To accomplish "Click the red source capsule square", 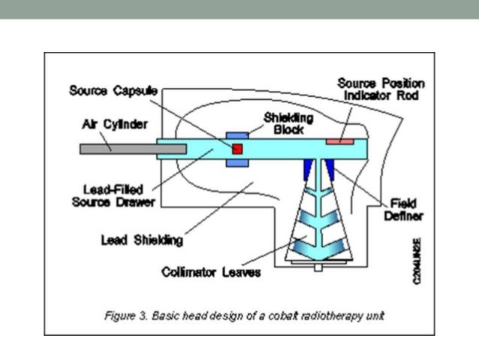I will click(x=238, y=149).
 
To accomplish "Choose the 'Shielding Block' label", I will click(x=288, y=123).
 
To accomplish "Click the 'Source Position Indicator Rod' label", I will click(x=381, y=89).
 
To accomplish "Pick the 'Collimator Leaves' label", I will click(x=211, y=272).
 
